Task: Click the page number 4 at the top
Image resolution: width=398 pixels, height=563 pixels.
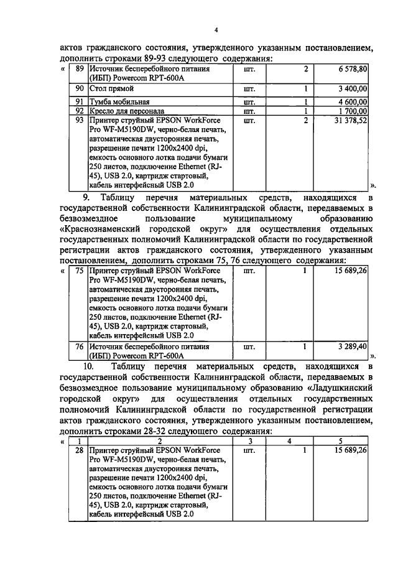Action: [216, 30]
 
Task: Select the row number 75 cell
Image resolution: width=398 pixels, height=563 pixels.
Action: [79, 271]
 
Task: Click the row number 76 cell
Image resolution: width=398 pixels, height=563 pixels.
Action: [79, 346]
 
